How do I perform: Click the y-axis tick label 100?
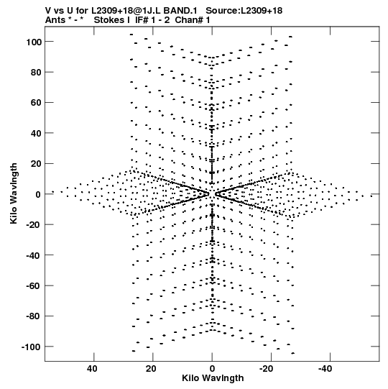34,42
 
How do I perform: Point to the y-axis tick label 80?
36,73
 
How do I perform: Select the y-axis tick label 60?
36,102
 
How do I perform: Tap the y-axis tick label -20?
34,225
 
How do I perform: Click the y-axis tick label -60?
34,285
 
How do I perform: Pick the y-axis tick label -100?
31,347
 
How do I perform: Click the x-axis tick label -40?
325,369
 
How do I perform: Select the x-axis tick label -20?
267,369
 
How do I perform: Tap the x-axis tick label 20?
151,369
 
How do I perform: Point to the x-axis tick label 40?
92,369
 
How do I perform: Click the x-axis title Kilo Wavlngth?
213,378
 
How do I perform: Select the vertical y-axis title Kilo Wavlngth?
14,193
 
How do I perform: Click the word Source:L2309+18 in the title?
244,11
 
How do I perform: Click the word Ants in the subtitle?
55,20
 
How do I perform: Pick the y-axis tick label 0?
38,194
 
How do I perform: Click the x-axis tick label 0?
212,369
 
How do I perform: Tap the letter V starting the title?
49,11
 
